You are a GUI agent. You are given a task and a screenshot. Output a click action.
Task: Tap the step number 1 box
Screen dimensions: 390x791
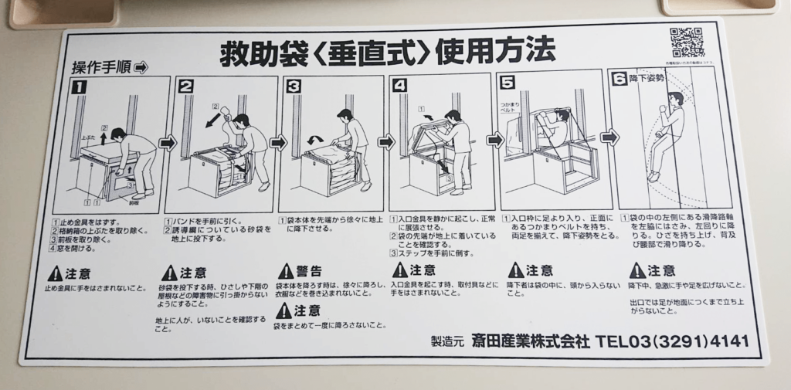(x=79, y=87)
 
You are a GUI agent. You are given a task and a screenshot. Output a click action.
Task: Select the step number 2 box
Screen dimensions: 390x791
(x=186, y=86)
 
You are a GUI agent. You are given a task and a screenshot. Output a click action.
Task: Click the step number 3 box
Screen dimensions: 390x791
(x=294, y=86)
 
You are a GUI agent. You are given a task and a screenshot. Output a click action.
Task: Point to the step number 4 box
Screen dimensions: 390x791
(x=399, y=86)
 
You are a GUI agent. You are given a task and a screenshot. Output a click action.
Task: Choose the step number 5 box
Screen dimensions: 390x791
(x=507, y=82)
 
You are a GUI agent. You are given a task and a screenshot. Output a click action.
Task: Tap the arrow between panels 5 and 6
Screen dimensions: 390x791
(x=609, y=137)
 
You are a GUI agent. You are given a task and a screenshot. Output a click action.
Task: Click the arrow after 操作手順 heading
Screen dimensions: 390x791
(x=141, y=67)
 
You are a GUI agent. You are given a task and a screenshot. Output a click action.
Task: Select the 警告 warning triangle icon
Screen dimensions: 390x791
(x=286, y=271)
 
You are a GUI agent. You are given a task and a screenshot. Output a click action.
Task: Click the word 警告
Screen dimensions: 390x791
(x=310, y=271)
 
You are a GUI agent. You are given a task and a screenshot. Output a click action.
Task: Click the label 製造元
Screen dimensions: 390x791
(x=447, y=341)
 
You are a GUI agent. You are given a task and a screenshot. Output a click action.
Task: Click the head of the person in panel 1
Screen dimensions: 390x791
(x=118, y=134)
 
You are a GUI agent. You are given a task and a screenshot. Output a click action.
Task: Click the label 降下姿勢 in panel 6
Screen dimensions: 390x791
(x=647, y=79)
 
